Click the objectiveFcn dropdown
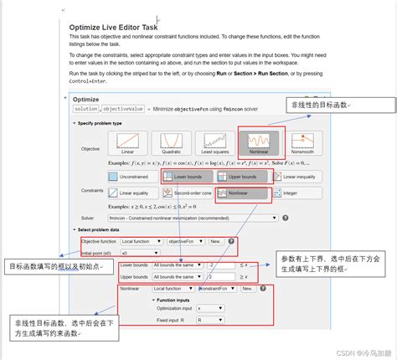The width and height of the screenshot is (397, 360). (185, 241)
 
